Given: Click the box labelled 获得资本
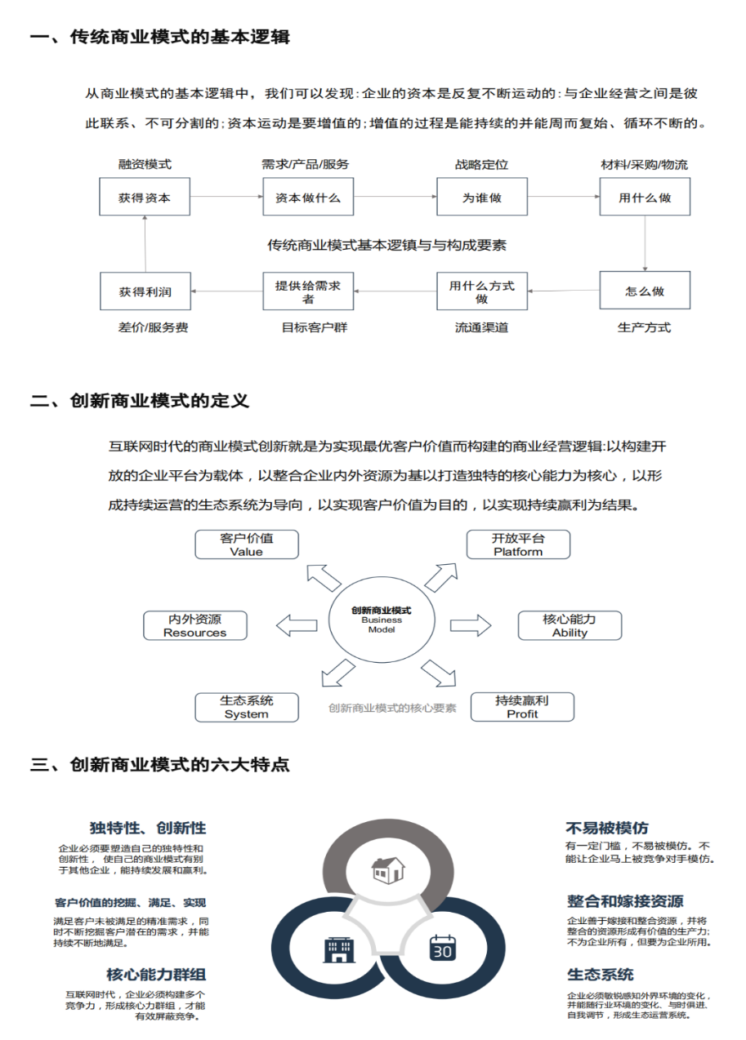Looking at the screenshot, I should point(145,198).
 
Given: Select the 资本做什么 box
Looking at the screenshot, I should point(308,198).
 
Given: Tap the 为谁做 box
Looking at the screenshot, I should point(482,198).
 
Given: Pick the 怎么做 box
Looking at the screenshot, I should point(645,291).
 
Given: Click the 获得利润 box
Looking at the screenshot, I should point(145,291).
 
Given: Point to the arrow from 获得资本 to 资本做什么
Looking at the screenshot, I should point(226,197).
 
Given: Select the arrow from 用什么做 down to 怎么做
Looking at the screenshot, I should point(645,243).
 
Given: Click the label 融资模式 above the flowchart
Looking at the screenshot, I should point(145,164).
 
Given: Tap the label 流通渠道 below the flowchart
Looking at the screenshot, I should point(482,327).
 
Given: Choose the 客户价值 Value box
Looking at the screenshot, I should point(247,544).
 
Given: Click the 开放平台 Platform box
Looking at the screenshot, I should point(518,544).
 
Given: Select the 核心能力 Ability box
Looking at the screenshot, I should point(570,625).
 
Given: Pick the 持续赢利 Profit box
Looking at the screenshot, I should point(522,707).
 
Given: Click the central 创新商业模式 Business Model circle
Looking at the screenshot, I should point(382,620).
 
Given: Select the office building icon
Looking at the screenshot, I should point(337,948).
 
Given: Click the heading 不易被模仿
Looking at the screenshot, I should point(607,828).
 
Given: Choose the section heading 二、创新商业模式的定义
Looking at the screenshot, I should point(139,401).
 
